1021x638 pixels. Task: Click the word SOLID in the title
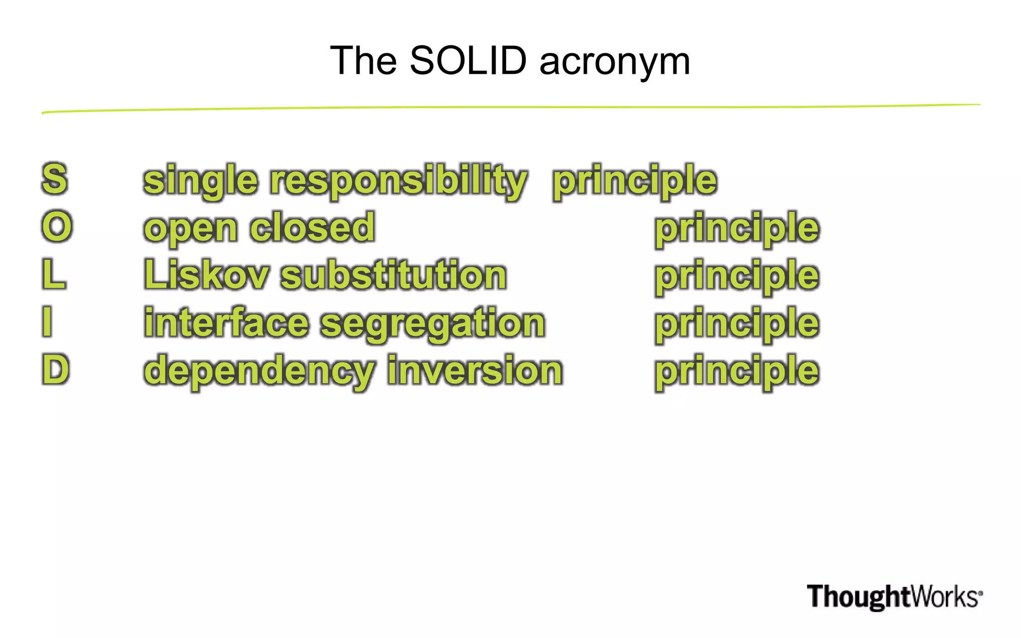coord(468,60)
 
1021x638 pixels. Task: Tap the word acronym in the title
coord(615,62)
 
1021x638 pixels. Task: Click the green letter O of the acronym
coord(57,226)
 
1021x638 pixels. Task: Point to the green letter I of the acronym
coord(47,321)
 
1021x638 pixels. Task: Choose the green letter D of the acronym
coord(55,369)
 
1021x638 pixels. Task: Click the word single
coord(200,180)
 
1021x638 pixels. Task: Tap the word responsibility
coord(398,180)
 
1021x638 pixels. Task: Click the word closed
coord(312,227)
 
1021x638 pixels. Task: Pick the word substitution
coord(393,275)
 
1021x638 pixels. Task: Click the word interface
coord(226,322)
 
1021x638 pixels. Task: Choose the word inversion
coord(475,370)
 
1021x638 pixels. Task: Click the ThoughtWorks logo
coord(894,597)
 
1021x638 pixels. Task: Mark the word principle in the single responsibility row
coord(634,180)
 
